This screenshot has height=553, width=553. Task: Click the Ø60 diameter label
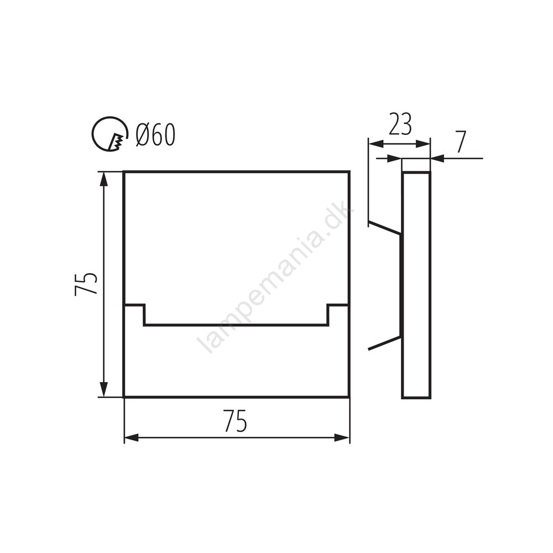click(x=155, y=135)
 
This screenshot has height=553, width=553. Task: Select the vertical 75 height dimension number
click(x=86, y=284)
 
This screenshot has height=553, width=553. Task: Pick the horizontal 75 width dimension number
click(x=235, y=421)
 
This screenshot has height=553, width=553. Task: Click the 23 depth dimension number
click(x=400, y=124)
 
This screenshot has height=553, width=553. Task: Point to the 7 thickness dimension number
click(x=461, y=142)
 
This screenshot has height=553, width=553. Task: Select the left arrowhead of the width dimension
click(x=132, y=439)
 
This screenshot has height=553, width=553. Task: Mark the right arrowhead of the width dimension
click(x=342, y=439)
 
